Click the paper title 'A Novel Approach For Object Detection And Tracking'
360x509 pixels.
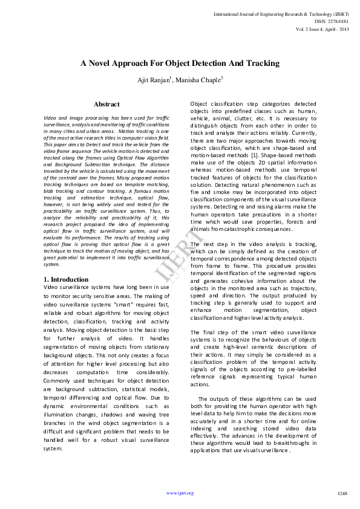180,63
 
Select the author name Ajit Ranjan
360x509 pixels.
155,80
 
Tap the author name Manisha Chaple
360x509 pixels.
200,80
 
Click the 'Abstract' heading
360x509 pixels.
106,105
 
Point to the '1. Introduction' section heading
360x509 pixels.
67,279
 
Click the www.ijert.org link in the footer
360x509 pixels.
180,493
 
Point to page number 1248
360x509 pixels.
342,493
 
